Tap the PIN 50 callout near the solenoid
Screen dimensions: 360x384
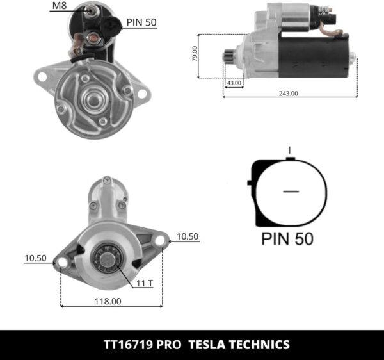141,22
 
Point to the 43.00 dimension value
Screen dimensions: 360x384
234,83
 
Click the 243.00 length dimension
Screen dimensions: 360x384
289,93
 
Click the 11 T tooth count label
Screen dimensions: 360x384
145,282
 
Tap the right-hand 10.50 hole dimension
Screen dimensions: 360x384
188,236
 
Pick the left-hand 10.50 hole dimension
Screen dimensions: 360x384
36,258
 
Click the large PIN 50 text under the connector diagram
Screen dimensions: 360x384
287,240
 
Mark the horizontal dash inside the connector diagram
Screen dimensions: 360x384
291,191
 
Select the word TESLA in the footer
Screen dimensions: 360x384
209,344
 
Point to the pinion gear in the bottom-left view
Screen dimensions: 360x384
105,259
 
